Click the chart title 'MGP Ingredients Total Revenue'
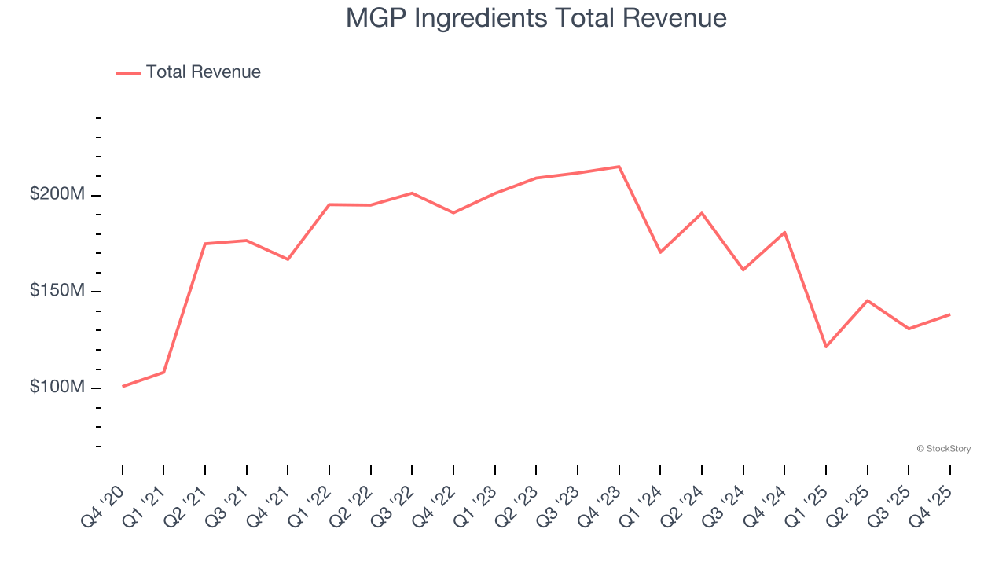536,18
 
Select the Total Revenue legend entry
189,72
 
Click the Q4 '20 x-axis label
104,499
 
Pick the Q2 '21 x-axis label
186,499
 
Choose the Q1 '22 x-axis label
310,499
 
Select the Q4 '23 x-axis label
600,499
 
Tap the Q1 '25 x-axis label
807,499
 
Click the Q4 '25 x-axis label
931,499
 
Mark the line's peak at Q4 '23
619,167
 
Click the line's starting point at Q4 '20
123,387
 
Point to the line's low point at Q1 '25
826,347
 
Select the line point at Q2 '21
205,244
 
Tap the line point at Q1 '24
660,252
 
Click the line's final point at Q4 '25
949,314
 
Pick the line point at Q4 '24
784,233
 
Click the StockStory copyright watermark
943,449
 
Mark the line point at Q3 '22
412,193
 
